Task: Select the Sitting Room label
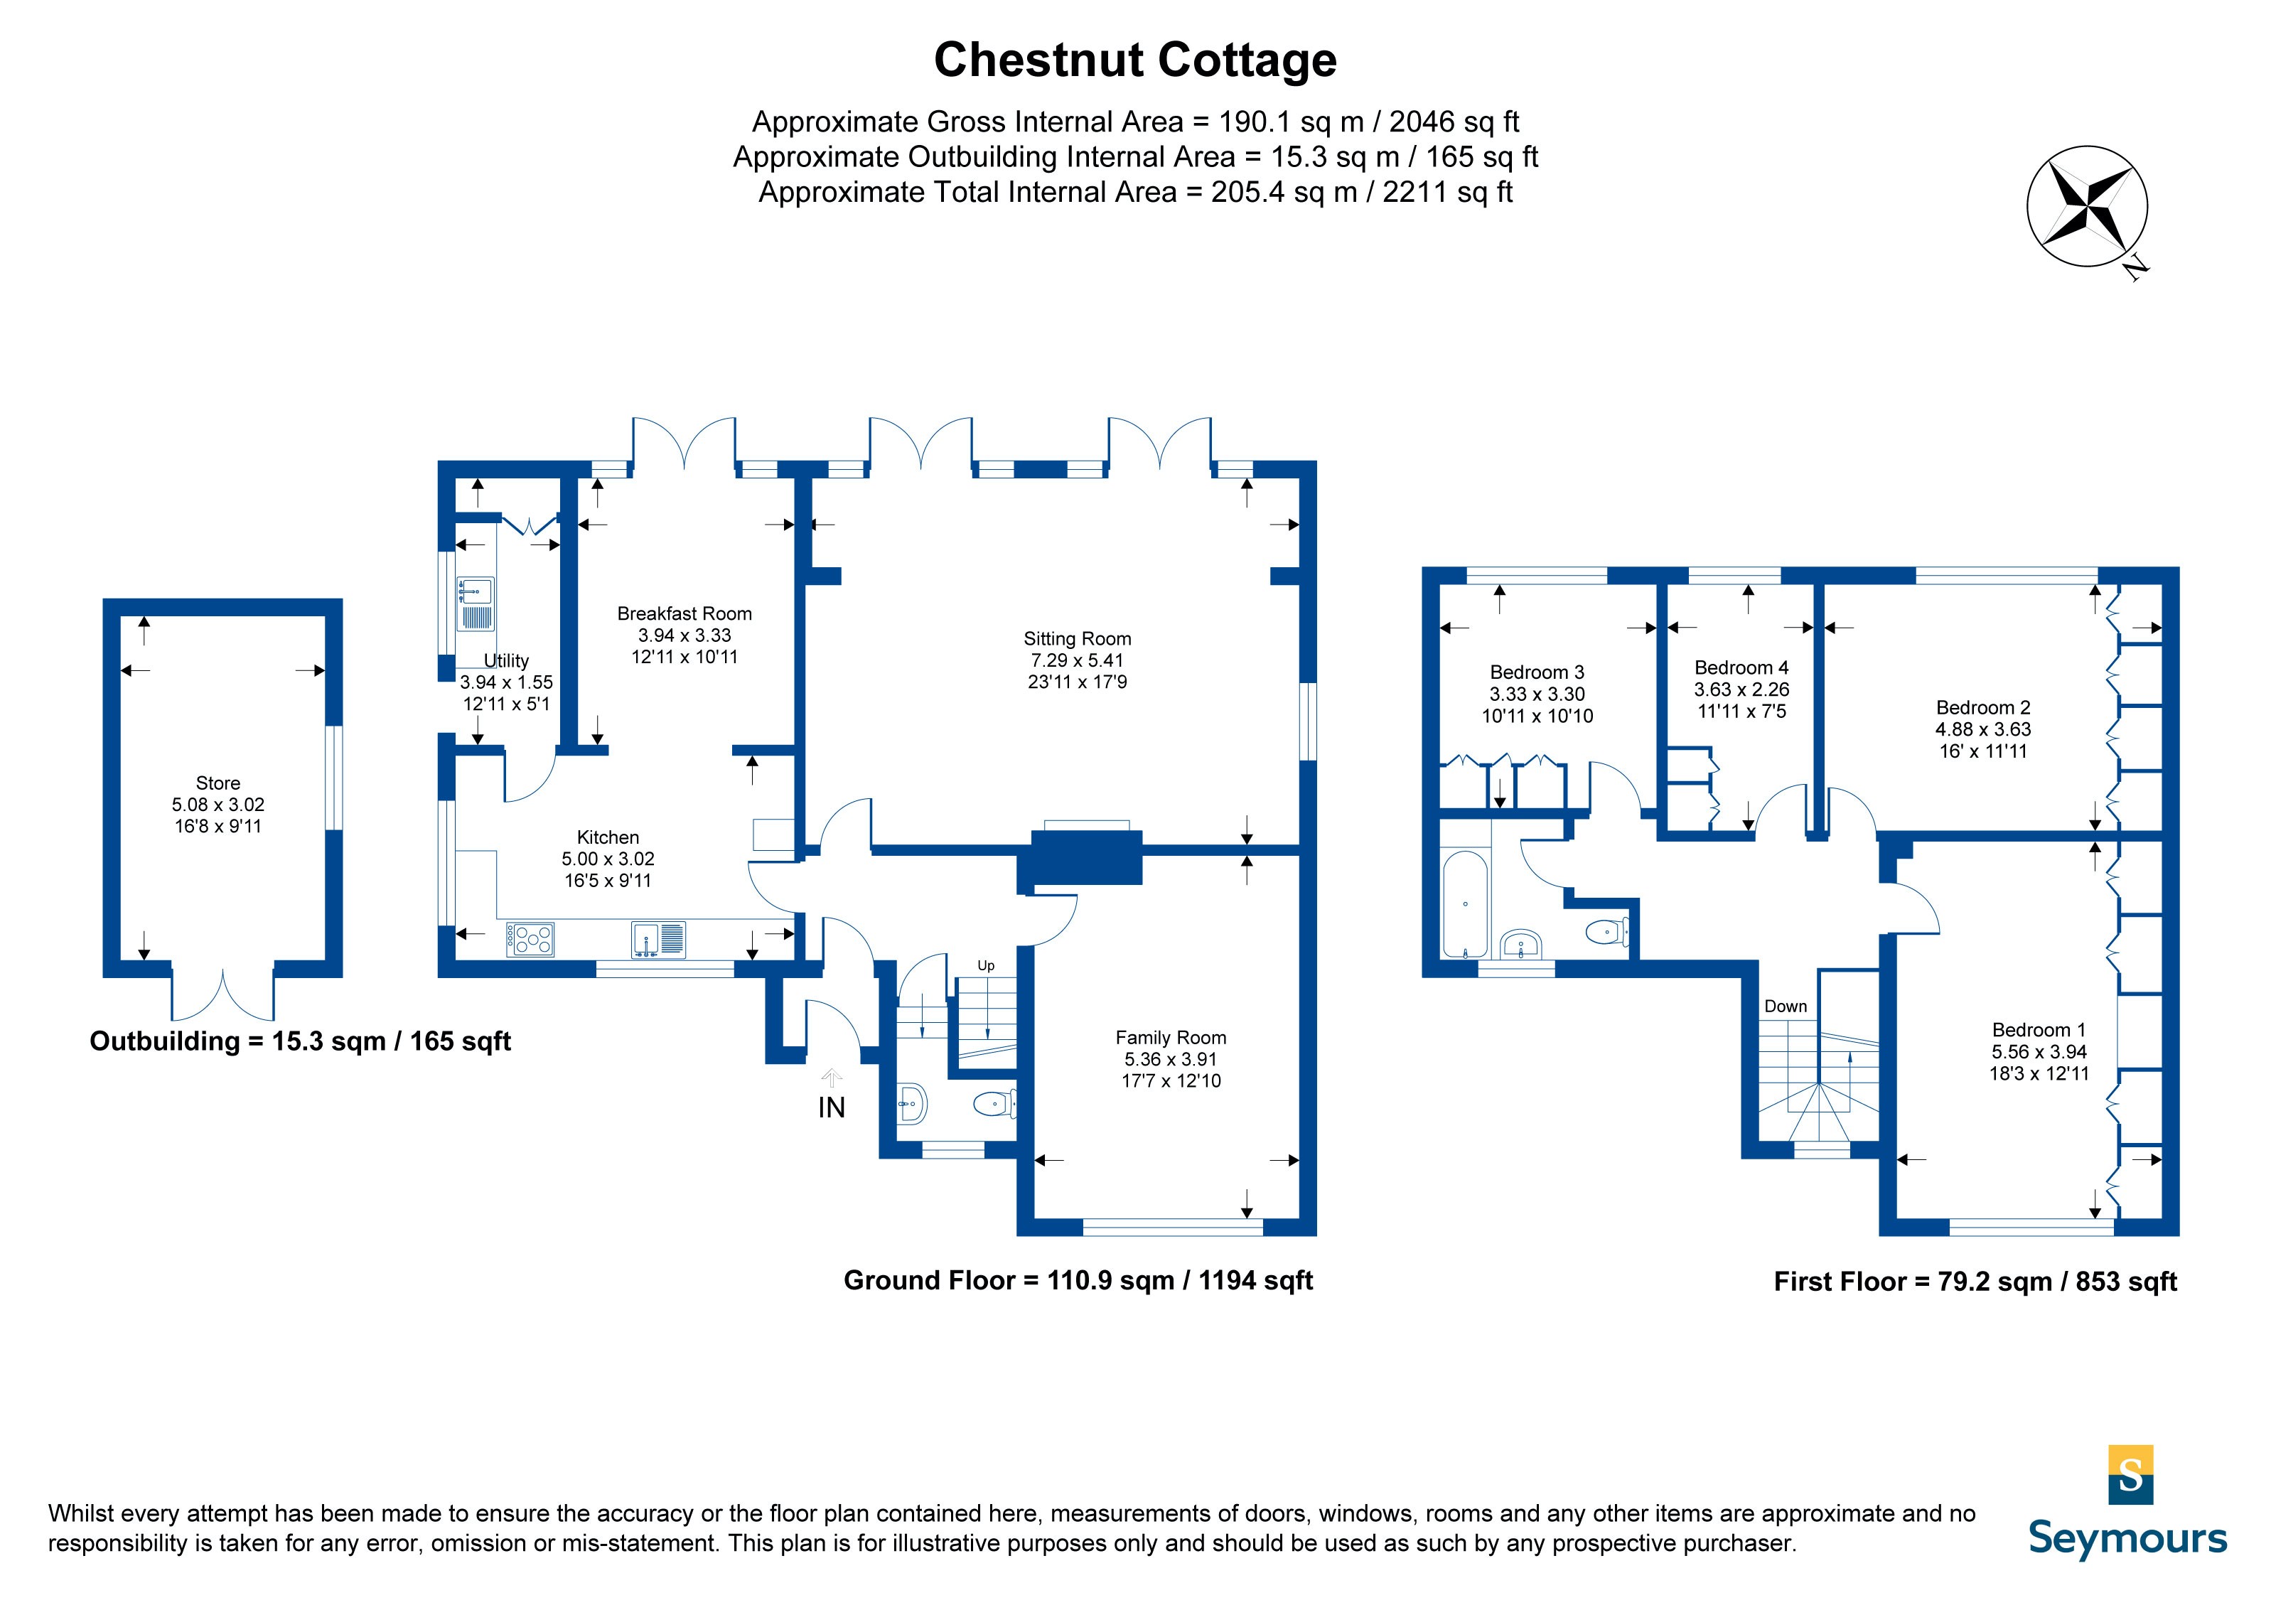[1076, 639]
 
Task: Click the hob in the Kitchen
[530, 938]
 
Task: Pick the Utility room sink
[475, 604]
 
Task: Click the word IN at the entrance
[831, 1107]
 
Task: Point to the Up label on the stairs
[985, 965]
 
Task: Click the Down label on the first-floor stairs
[1786, 1006]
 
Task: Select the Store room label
[218, 783]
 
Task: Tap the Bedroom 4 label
[1741, 667]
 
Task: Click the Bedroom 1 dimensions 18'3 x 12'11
[2039, 1073]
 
